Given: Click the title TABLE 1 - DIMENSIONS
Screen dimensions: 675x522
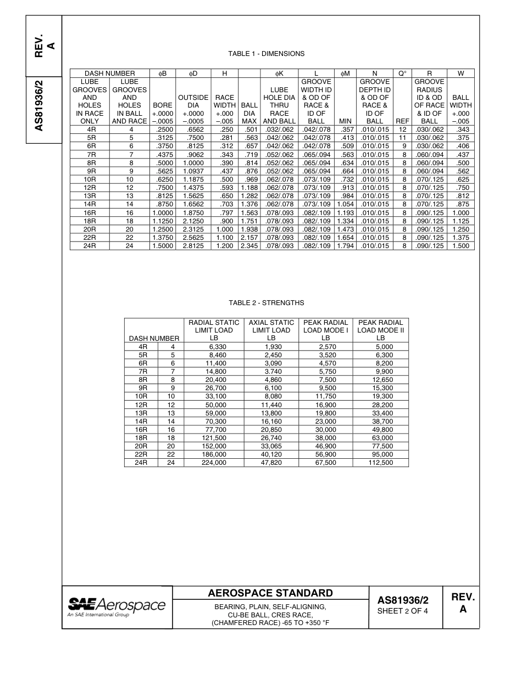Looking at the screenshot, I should click(266, 54).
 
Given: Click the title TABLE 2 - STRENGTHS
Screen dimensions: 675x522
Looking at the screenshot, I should click(266, 303).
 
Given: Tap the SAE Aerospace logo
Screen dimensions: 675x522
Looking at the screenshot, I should click(116, 606).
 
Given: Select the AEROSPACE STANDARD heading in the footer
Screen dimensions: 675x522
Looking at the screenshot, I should click(270, 593).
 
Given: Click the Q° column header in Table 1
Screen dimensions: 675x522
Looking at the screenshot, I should click(402, 73).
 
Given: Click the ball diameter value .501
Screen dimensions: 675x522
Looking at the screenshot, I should click(249, 129).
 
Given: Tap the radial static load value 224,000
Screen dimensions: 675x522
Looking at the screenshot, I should click(214, 463).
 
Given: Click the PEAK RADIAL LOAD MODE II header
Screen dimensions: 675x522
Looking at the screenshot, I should click(380, 330).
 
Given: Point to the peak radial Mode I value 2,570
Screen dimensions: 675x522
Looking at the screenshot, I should click(325, 347).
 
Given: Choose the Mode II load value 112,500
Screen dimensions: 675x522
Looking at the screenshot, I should click(380, 463).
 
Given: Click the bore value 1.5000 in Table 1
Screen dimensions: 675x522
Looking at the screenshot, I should click(162, 246).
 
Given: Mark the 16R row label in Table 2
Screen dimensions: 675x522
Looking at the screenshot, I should click(141, 430).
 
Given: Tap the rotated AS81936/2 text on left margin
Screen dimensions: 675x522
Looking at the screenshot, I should click(39, 106).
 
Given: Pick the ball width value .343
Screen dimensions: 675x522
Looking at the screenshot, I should click(460, 129).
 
